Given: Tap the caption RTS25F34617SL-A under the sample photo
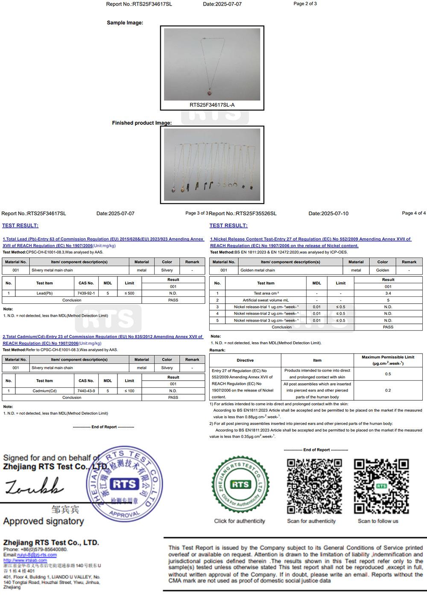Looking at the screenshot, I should (212, 105).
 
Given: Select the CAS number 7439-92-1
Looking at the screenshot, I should (86, 293).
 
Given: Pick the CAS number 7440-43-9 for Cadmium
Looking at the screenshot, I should (86, 391).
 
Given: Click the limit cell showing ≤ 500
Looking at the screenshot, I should (129, 293).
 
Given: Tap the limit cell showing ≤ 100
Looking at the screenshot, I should (129, 391).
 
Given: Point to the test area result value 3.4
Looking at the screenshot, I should (388, 293).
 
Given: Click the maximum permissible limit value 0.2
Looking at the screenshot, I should (388, 390).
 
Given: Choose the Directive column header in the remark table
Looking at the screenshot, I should (245, 361).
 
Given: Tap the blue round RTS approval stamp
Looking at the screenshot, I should (125, 484).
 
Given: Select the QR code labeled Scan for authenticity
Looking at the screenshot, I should (314, 486).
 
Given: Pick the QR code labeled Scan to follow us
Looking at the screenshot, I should (381, 486).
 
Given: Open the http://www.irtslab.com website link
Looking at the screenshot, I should (25, 560).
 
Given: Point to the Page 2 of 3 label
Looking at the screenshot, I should (305, 4).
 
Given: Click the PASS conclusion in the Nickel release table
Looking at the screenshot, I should (388, 327).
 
